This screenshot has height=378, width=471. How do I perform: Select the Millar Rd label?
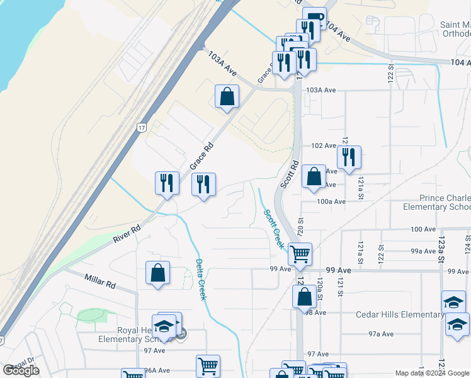pos(100,280)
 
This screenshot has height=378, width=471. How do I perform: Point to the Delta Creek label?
pos(200,280)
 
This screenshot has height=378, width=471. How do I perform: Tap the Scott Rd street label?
pos(289,174)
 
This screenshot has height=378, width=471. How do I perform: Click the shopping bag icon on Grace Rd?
pos(227,97)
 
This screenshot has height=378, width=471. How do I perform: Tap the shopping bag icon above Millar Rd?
pos(157,273)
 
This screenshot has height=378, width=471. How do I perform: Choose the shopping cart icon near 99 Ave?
pos(300,254)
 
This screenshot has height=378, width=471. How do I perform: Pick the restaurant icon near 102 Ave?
pos(348,157)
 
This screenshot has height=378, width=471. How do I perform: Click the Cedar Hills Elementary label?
pos(399,315)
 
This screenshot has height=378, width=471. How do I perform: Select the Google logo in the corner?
pos(21,370)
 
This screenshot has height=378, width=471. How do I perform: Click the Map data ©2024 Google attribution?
pos(432,373)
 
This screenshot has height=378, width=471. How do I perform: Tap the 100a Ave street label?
pos(331,202)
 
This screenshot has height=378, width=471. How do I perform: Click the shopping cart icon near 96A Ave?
pos(208,366)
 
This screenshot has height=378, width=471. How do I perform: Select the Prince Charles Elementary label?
pos(436,202)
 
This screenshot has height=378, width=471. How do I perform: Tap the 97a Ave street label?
pos(381,334)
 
